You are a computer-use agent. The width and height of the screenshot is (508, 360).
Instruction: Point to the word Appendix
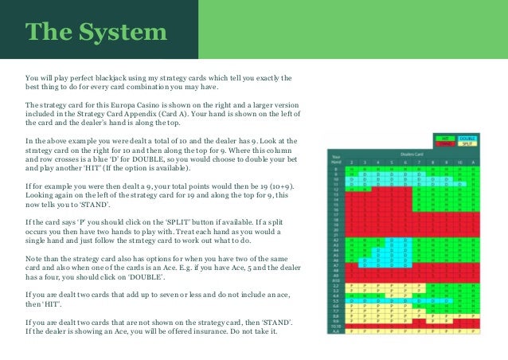pyautogui.click(x=186, y=114)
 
